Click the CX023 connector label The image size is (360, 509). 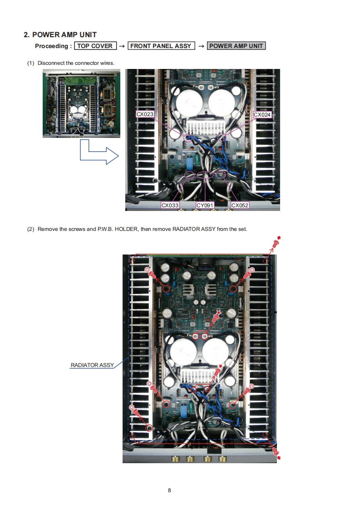(145, 114)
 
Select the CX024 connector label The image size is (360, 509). (262, 115)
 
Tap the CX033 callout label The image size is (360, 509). (170, 206)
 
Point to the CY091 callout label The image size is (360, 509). (205, 206)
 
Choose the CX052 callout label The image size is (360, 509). (240, 206)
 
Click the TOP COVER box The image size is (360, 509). (95, 46)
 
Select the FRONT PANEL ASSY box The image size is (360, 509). (161, 46)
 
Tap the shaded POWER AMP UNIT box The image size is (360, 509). (236, 46)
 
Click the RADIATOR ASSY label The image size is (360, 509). (92, 365)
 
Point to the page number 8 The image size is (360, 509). (169, 490)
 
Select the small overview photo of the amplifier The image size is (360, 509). (81, 103)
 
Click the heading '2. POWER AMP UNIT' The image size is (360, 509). (60, 35)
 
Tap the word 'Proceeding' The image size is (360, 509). (51, 46)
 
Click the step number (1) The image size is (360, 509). (31, 63)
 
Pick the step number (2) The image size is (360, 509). (31, 229)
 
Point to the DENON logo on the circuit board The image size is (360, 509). (200, 276)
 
